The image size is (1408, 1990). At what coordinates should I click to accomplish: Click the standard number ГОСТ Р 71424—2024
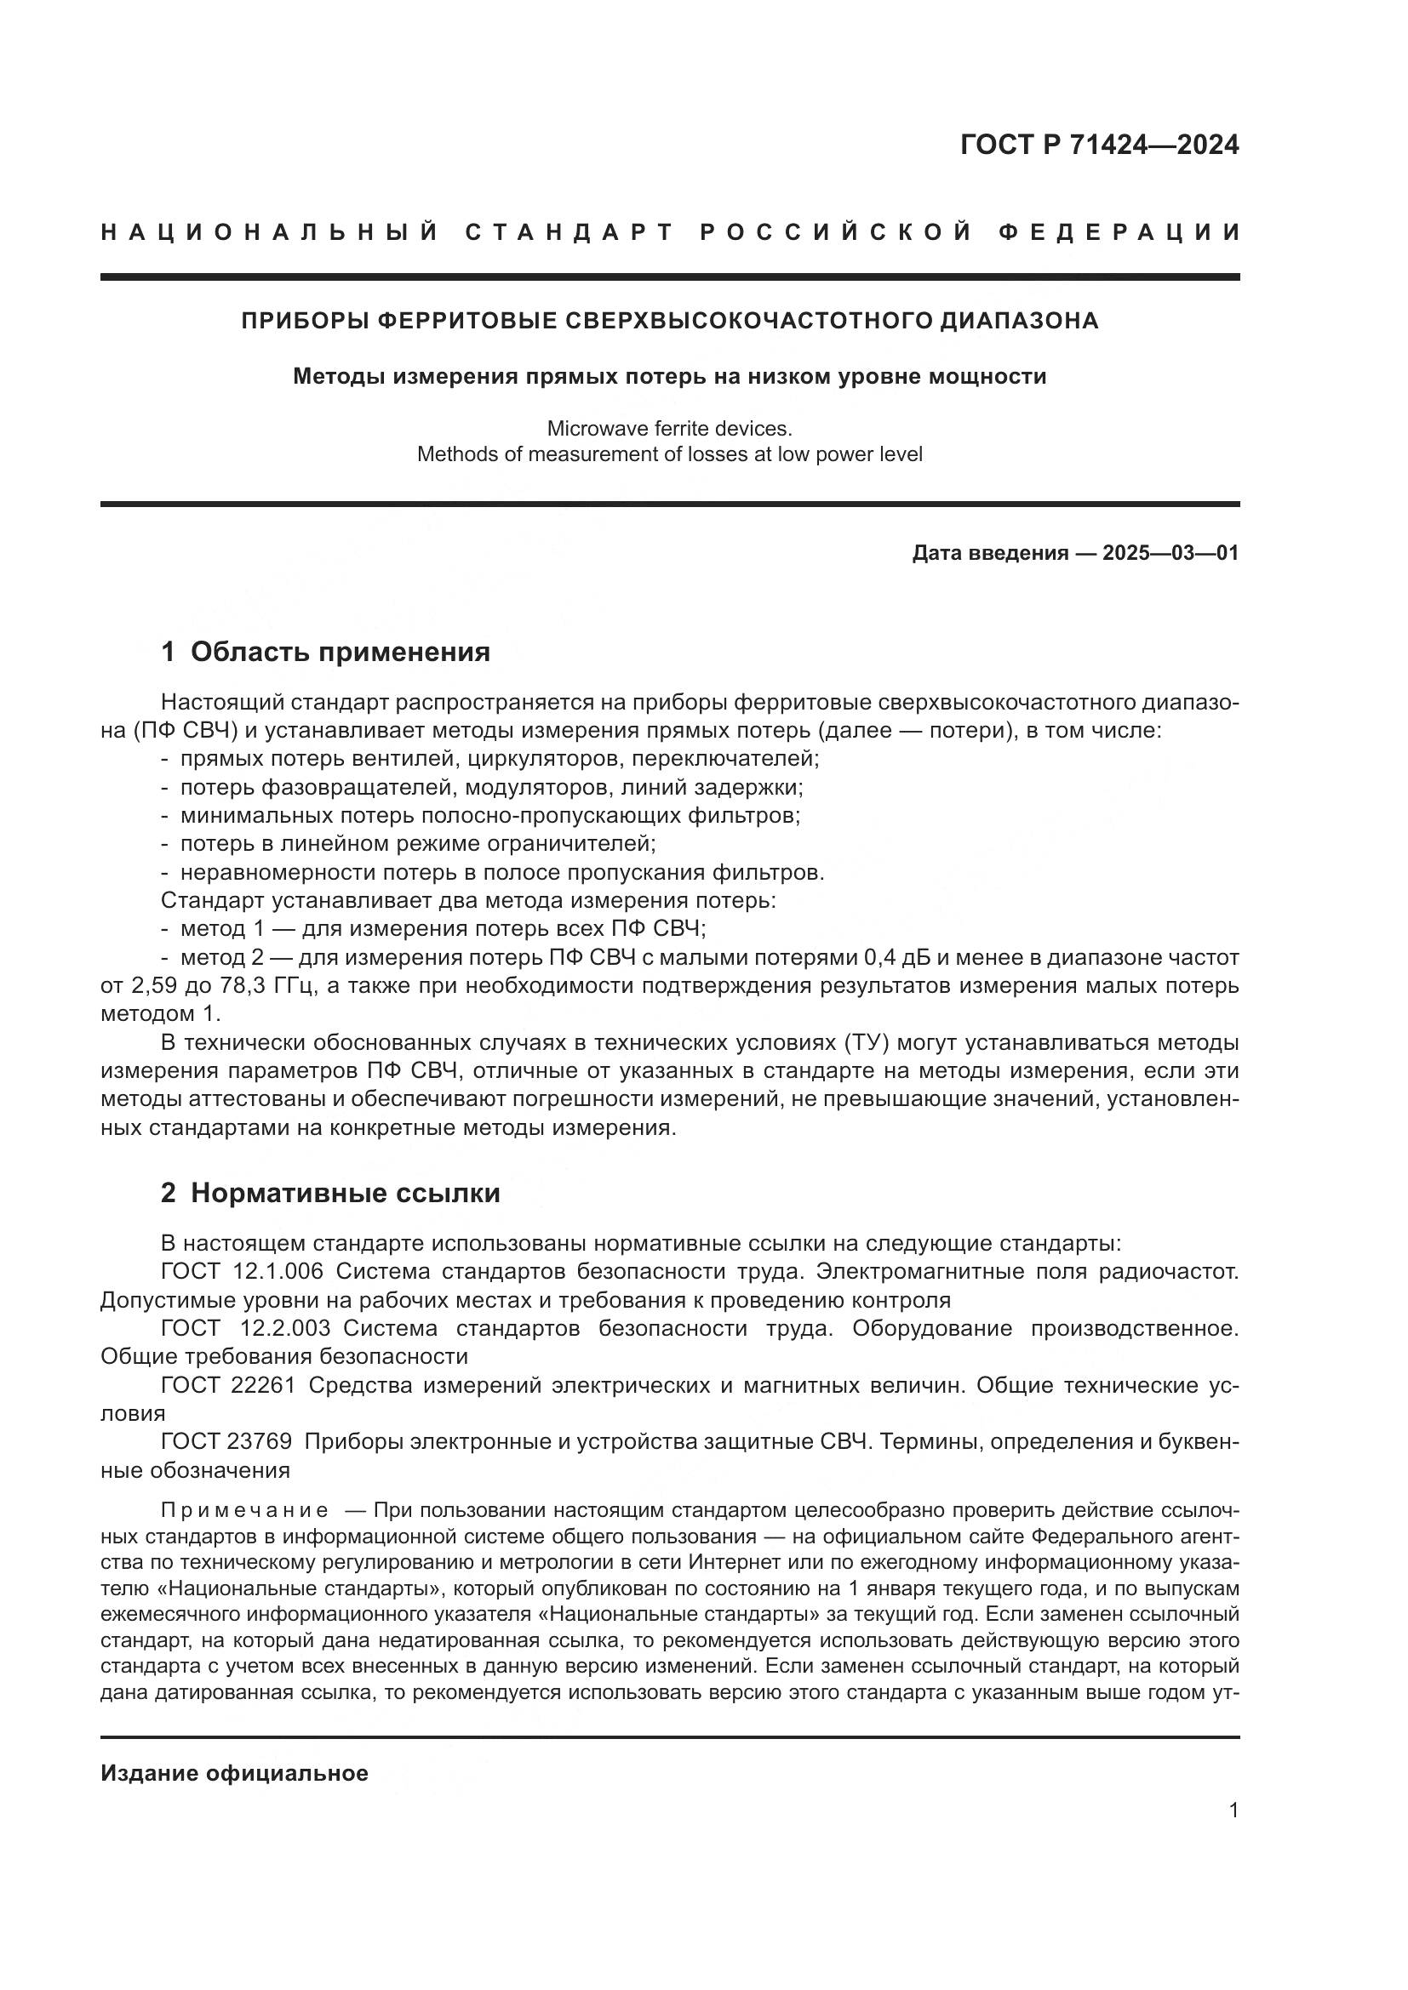tap(1098, 145)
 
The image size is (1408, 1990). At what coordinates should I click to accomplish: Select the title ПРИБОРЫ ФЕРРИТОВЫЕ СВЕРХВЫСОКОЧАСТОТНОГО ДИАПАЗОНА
tap(669, 321)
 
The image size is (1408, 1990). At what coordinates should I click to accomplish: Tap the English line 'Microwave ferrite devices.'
tap(669, 428)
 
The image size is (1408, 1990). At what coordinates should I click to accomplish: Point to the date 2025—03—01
tap(1170, 553)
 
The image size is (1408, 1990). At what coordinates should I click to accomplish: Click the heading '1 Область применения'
tap(325, 652)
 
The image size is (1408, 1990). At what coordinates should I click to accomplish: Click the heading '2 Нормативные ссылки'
tap(330, 1194)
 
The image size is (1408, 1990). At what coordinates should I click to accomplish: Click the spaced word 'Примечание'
tap(244, 1511)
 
